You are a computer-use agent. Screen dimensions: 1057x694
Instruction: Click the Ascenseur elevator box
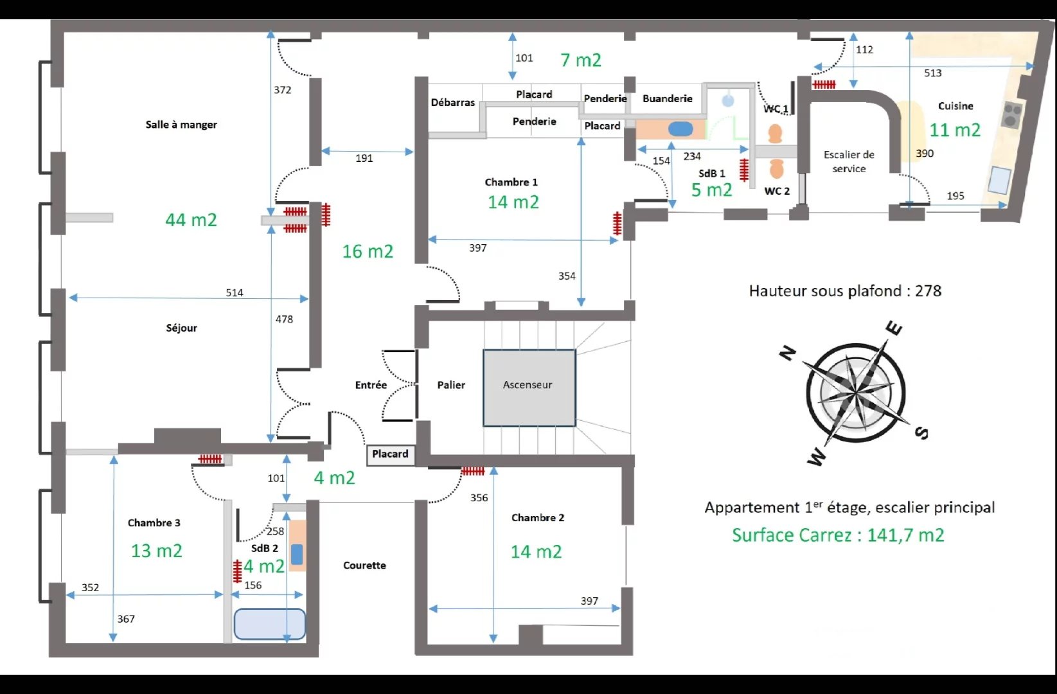529,388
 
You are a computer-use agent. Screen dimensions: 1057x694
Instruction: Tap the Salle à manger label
181,125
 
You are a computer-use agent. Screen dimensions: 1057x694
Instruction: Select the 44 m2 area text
191,220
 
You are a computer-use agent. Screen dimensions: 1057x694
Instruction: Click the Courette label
364,565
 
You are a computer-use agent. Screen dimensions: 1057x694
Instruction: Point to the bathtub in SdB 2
269,624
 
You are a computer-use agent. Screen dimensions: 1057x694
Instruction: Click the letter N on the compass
787,353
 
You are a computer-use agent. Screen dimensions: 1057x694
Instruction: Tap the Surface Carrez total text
838,535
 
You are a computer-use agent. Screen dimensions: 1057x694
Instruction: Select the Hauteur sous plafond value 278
928,290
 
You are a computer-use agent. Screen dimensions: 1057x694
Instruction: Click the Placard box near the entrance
391,455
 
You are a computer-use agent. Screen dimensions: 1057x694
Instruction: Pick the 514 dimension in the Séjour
234,292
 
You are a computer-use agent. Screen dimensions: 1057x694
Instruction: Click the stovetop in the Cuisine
1011,114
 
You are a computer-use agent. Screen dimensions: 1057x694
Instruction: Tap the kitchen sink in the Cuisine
999,180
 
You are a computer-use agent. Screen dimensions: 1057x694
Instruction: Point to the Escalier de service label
848,161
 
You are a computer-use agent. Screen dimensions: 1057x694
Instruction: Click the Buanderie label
667,98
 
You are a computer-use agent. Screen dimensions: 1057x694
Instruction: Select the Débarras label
452,102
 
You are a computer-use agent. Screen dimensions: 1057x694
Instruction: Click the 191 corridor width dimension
364,158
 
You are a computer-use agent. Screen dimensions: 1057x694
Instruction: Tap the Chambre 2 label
537,517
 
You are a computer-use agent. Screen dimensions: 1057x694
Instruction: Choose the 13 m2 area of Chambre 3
156,551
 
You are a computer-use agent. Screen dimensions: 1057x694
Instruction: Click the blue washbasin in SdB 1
680,129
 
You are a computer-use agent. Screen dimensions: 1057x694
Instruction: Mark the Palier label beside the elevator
450,385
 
